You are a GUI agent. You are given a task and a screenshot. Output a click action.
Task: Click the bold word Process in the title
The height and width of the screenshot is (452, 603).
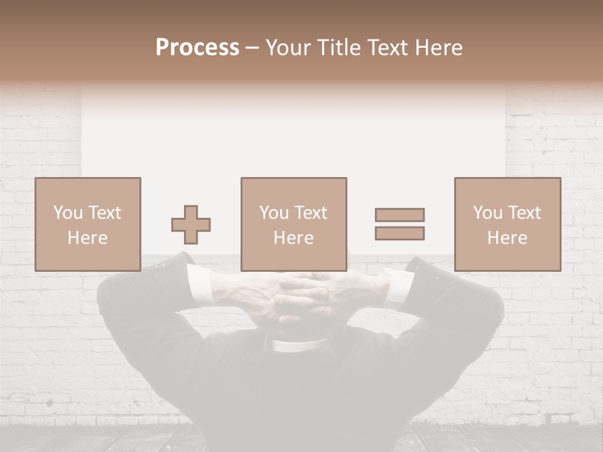197,48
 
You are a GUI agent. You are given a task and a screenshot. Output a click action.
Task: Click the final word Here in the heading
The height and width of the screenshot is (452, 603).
437,48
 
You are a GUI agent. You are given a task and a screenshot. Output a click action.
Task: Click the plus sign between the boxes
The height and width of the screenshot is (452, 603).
191,225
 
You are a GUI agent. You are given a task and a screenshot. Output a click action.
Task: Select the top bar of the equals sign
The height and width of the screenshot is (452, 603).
399,215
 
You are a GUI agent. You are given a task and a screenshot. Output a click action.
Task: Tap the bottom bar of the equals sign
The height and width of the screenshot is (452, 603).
399,234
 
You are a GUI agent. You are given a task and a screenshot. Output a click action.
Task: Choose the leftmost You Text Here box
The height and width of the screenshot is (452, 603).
87,224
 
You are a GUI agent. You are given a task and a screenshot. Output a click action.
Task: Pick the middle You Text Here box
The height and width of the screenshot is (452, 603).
293,224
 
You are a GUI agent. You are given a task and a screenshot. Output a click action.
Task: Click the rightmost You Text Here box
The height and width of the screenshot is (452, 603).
507,224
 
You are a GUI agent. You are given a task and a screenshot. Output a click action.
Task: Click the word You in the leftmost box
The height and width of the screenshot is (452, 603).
67,213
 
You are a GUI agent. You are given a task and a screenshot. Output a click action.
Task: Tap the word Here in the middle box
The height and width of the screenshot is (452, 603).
293,238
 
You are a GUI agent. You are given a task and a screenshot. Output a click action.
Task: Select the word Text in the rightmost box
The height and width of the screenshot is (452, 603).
524,213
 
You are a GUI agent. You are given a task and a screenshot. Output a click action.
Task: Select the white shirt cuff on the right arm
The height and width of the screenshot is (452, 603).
398,286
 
